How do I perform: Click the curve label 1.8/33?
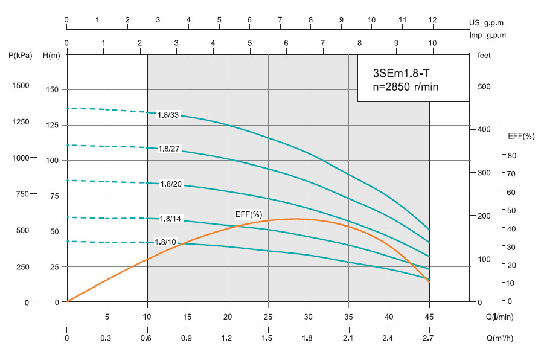(x=168, y=115)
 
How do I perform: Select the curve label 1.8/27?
(x=168, y=149)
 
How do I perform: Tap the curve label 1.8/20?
(x=171, y=184)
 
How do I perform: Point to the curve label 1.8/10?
(x=165, y=242)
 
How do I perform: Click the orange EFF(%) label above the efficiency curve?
(x=248, y=214)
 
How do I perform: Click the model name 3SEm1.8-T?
(x=401, y=74)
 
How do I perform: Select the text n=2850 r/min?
(x=406, y=87)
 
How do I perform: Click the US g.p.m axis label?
(x=486, y=23)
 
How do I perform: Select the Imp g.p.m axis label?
(x=487, y=35)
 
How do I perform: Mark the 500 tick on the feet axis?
(x=484, y=86)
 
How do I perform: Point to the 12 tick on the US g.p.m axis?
(x=432, y=20)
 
